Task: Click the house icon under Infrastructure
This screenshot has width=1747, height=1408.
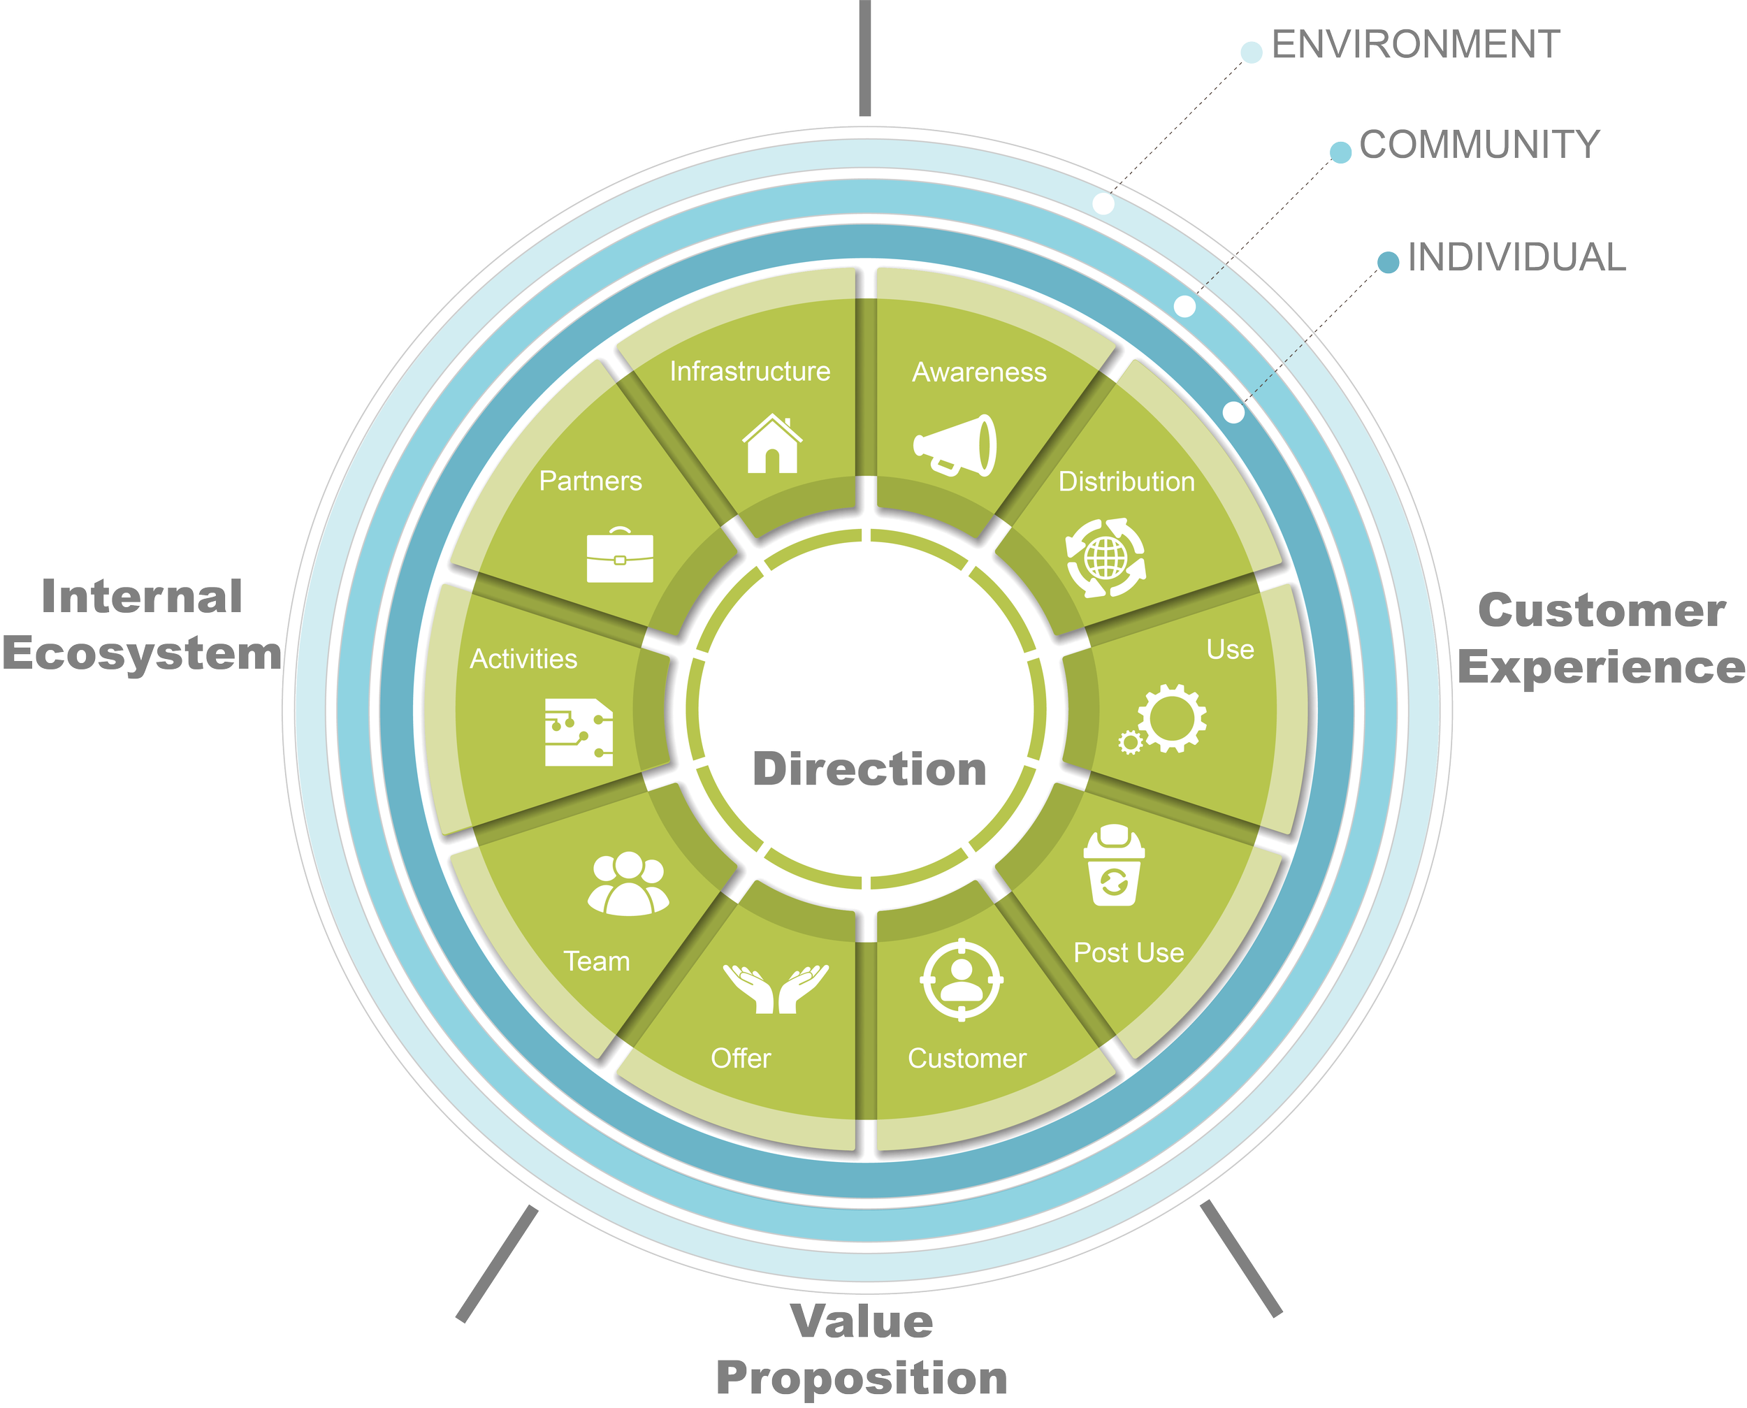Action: click(x=772, y=444)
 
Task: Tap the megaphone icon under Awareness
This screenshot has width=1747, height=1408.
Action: click(x=955, y=445)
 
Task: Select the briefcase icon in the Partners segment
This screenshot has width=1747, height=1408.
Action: click(x=620, y=556)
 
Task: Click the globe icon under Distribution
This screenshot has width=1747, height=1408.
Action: click(x=1106, y=558)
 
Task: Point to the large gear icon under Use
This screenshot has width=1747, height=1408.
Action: click(x=1172, y=717)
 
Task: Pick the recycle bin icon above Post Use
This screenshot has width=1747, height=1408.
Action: click(x=1114, y=866)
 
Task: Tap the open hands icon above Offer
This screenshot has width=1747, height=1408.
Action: click(x=776, y=988)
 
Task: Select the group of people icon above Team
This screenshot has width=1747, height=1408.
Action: click(x=628, y=883)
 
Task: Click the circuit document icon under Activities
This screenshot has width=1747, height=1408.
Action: click(x=579, y=732)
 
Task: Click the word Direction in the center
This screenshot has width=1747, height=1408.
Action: click(x=869, y=769)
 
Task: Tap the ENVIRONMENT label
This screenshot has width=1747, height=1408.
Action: click(x=1415, y=45)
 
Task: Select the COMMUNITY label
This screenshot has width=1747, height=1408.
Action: click(x=1479, y=145)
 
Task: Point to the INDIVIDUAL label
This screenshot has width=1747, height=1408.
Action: click(x=1516, y=257)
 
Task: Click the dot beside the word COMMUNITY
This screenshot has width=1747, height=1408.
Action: click(x=1341, y=152)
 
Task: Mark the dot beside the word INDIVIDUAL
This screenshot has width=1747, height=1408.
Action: click(x=1389, y=262)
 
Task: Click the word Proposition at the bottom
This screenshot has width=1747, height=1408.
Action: click(x=862, y=1378)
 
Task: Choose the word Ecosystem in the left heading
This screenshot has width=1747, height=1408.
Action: click(x=142, y=654)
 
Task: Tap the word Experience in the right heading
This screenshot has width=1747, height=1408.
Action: click(x=1602, y=668)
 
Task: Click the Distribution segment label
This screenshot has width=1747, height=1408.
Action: click(x=1126, y=481)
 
